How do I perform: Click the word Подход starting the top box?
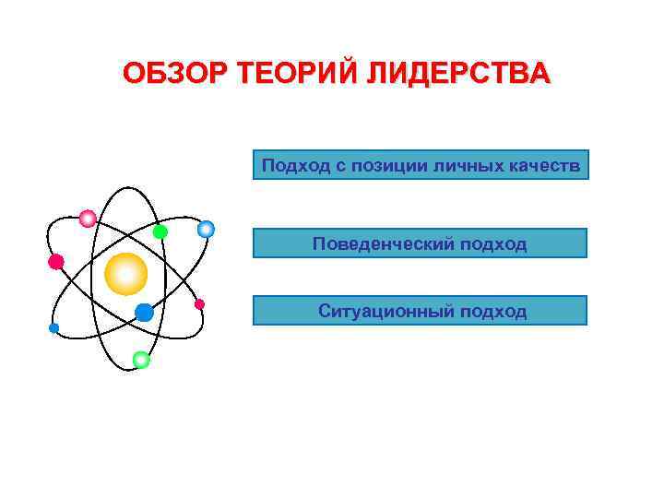289,166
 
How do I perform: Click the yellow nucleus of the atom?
126,273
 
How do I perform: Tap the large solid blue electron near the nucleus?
144,313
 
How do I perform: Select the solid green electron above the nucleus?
160,231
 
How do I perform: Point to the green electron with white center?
141,360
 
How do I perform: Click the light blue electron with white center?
206,229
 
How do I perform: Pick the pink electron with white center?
88,219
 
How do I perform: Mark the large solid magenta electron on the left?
56,262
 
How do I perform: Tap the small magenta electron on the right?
199,304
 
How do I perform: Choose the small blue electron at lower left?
53,328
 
